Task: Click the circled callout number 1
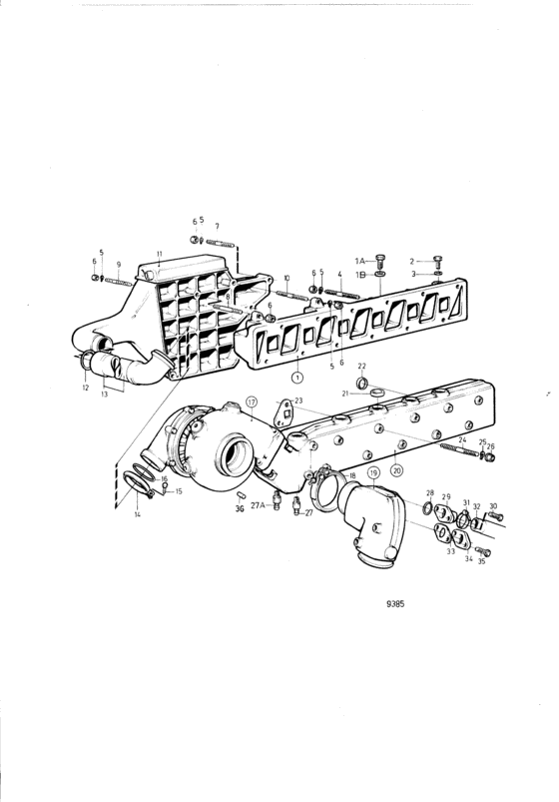(x=296, y=378)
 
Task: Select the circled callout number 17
(x=252, y=402)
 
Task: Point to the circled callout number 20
(x=396, y=468)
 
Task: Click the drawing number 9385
(x=395, y=604)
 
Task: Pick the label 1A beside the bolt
(x=360, y=261)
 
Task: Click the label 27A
(x=258, y=505)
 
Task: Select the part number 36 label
(x=240, y=509)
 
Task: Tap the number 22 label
(x=361, y=366)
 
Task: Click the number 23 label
(x=298, y=401)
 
